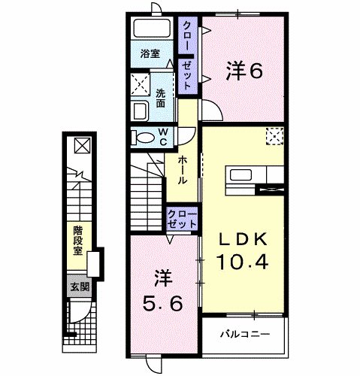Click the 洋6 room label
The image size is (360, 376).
point(245,71)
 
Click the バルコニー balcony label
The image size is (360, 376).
point(244,332)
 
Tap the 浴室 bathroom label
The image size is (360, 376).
point(150,53)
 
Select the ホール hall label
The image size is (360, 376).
point(183,171)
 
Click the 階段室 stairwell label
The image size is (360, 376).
point(77,241)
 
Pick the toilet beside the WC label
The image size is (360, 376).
point(141,137)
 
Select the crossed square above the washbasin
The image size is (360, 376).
point(141,83)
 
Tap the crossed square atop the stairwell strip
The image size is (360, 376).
point(81,145)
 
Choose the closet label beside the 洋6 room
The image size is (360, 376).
point(186,53)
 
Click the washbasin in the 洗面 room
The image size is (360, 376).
point(141,111)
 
